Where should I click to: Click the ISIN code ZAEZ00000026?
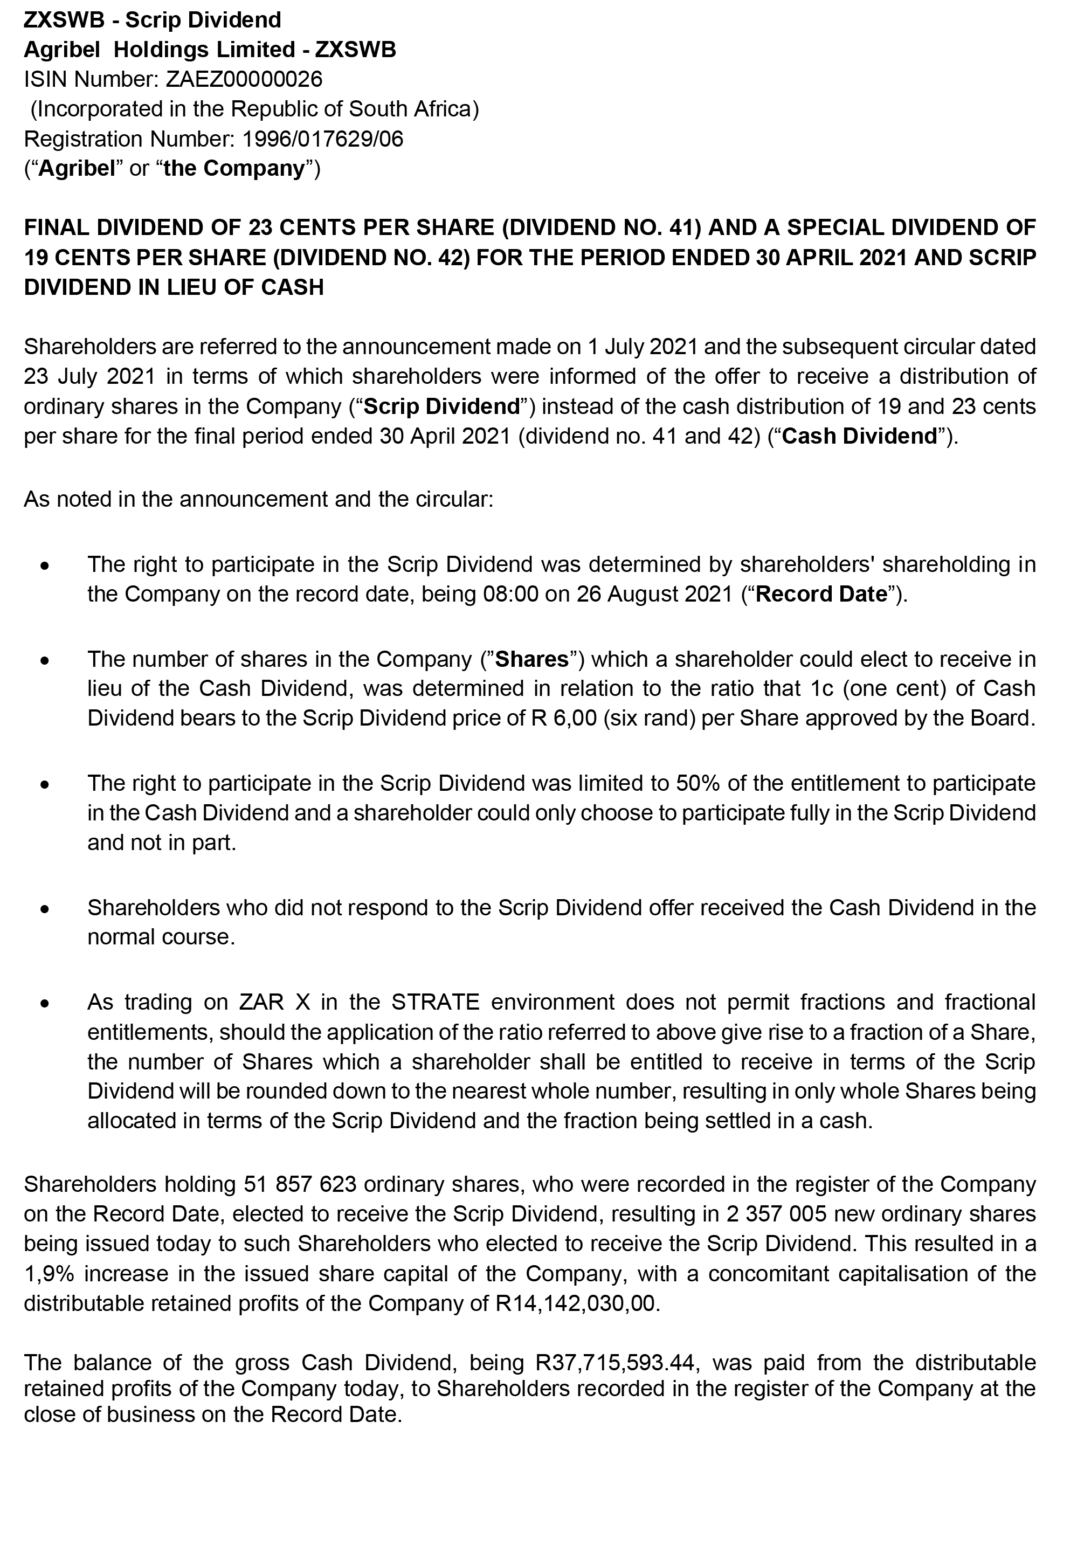pyautogui.click(x=244, y=79)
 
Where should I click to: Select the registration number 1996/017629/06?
pyautogui.click(x=323, y=139)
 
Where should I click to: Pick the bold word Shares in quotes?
pyautogui.click(x=531, y=658)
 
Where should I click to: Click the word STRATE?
pyautogui.click(x=435, y=1001)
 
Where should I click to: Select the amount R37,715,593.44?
pyautogui.click(x=615, y=1362)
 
